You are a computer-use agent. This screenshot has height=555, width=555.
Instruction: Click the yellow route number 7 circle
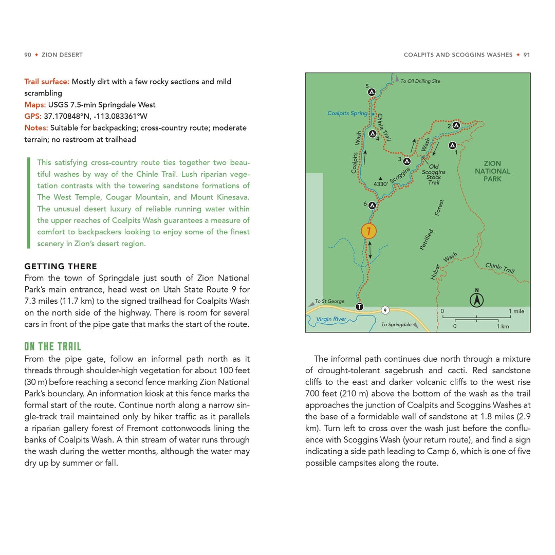click(x=368, y=231)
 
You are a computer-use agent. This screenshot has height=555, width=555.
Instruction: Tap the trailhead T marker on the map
click(x=359, y=306)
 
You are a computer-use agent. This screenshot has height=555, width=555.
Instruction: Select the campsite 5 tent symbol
click(x=372, y=92)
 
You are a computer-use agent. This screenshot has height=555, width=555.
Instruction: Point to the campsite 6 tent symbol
click(x=372, y=205)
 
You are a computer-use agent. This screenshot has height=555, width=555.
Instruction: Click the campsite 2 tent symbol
click(x=456, y=125)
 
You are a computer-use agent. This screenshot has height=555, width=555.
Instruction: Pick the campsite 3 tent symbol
click(x=407, y=161)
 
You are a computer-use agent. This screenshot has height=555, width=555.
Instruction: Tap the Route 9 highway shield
click(x=385, y=310)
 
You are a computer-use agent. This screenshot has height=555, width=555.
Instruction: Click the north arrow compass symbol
click(x=477, y=298)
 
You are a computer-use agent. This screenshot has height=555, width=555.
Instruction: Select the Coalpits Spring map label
click(x=347, y=113)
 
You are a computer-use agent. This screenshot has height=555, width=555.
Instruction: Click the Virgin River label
click(x=331, y=319)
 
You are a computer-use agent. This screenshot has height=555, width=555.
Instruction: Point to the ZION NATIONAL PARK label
click(x=492, y=171)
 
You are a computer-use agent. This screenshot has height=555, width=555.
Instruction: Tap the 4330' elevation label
click(x=380, y=183)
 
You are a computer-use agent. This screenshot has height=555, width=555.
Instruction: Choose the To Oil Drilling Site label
click(x=420, y=81)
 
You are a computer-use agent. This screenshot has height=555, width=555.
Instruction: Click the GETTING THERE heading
click(x=61, y=266)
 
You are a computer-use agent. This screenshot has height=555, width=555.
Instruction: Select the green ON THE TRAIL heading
click(x=53, y=346)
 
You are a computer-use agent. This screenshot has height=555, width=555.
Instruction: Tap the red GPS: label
click(x=33, y=116)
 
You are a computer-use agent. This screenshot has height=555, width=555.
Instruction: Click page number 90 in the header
click(x=28, y=55)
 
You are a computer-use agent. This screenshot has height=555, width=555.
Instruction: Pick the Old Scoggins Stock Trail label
click(x=434, y=175)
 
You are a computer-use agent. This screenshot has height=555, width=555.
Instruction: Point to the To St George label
click(x=329, y=301)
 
